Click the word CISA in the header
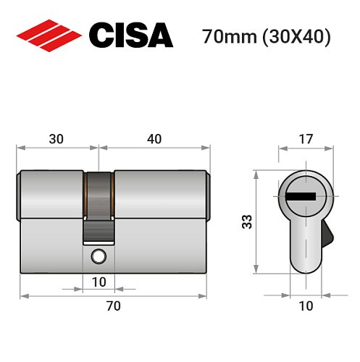(x=131, y=35)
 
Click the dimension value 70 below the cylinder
(x=112, y=306)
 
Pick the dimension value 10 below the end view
(x=306, y=306)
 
